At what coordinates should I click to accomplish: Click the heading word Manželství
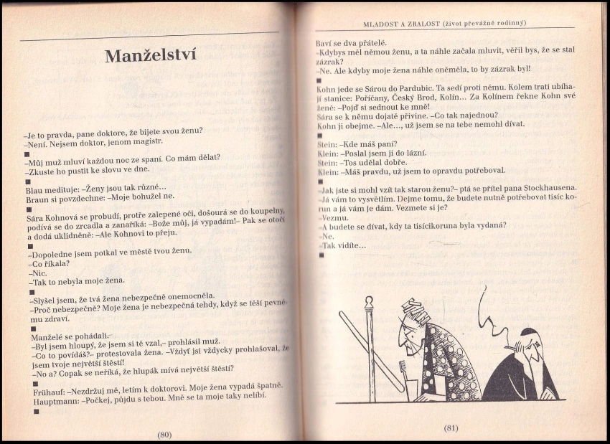tap(150, 56)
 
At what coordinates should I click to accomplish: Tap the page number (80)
tap(164, 434)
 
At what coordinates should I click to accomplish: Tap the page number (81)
tap(451, 428)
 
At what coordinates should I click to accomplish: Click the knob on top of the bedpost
tap(370, 301)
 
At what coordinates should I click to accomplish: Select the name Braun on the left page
tap(38, 199)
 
